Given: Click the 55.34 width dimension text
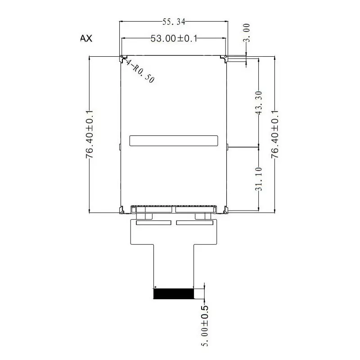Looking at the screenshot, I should coord(173,21).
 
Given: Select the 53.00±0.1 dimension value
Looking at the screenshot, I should coord(174,39).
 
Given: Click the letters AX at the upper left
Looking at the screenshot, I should coord(86,39).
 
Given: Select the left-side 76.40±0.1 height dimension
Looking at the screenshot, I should coord(90,134).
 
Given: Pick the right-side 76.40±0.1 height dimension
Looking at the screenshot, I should coord(275,134).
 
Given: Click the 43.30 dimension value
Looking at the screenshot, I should coord(259,103).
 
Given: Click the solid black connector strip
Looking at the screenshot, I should coord(174,294).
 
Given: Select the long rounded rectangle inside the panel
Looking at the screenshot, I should coord(174,140).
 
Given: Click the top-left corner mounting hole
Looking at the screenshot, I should coord(122,57).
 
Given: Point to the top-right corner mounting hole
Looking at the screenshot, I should coord(226,57).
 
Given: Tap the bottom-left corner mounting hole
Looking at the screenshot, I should coord(122,210).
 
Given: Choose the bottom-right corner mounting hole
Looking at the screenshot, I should coord(226,210).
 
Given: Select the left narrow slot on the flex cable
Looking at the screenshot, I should coord(153,223).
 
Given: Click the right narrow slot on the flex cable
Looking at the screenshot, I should coord(194,223).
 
